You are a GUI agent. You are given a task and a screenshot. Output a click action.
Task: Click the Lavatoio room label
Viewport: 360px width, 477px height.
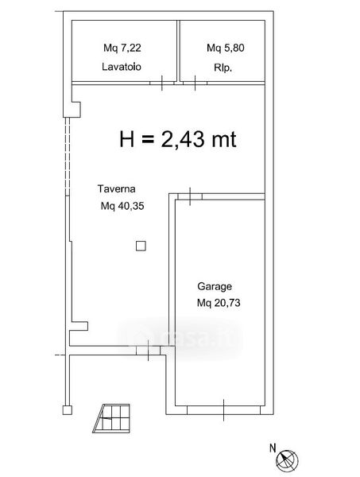tap(122, 67)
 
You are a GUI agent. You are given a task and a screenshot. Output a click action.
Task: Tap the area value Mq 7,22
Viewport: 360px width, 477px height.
tap(122, 48)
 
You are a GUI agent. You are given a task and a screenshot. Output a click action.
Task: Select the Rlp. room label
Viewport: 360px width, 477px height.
tap(223, 68)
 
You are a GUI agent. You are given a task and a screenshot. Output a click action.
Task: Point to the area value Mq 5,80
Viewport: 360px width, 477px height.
tap(226, 48)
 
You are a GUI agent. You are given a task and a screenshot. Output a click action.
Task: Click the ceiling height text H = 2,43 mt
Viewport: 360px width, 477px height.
tap(178, 139)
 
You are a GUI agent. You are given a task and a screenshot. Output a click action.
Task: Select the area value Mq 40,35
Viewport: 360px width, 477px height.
tap(122, 206)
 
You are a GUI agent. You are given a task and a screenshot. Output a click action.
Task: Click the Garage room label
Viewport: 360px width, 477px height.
tap(215, 286)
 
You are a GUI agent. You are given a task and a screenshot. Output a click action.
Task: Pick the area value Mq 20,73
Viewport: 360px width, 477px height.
tap(219, 303)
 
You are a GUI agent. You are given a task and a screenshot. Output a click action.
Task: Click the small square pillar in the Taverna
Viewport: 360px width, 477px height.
tap(141, 246)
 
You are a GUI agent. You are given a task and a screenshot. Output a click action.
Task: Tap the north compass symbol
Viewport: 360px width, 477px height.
tap(287, 460)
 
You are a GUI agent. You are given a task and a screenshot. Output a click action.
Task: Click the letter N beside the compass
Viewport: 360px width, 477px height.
tap(273, 448)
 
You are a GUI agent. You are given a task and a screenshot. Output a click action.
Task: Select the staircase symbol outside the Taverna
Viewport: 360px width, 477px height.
tap(111, 418)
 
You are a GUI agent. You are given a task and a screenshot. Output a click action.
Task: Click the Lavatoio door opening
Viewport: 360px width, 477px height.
tap(162, 83)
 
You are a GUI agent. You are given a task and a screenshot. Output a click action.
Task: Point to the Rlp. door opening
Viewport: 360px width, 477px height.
tap(195, 83)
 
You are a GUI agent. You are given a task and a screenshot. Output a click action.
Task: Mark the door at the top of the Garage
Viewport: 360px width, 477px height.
tap(190, 196)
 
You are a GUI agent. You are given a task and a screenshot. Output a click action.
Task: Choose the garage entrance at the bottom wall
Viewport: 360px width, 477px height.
tap(224, 410)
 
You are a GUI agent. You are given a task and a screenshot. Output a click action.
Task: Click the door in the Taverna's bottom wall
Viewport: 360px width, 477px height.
tap(148, 351)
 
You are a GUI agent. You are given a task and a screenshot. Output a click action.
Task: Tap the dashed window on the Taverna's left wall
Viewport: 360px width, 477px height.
tap(68, 157)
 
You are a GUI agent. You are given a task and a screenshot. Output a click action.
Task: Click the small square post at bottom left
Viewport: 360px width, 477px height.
tap(68, 410)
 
